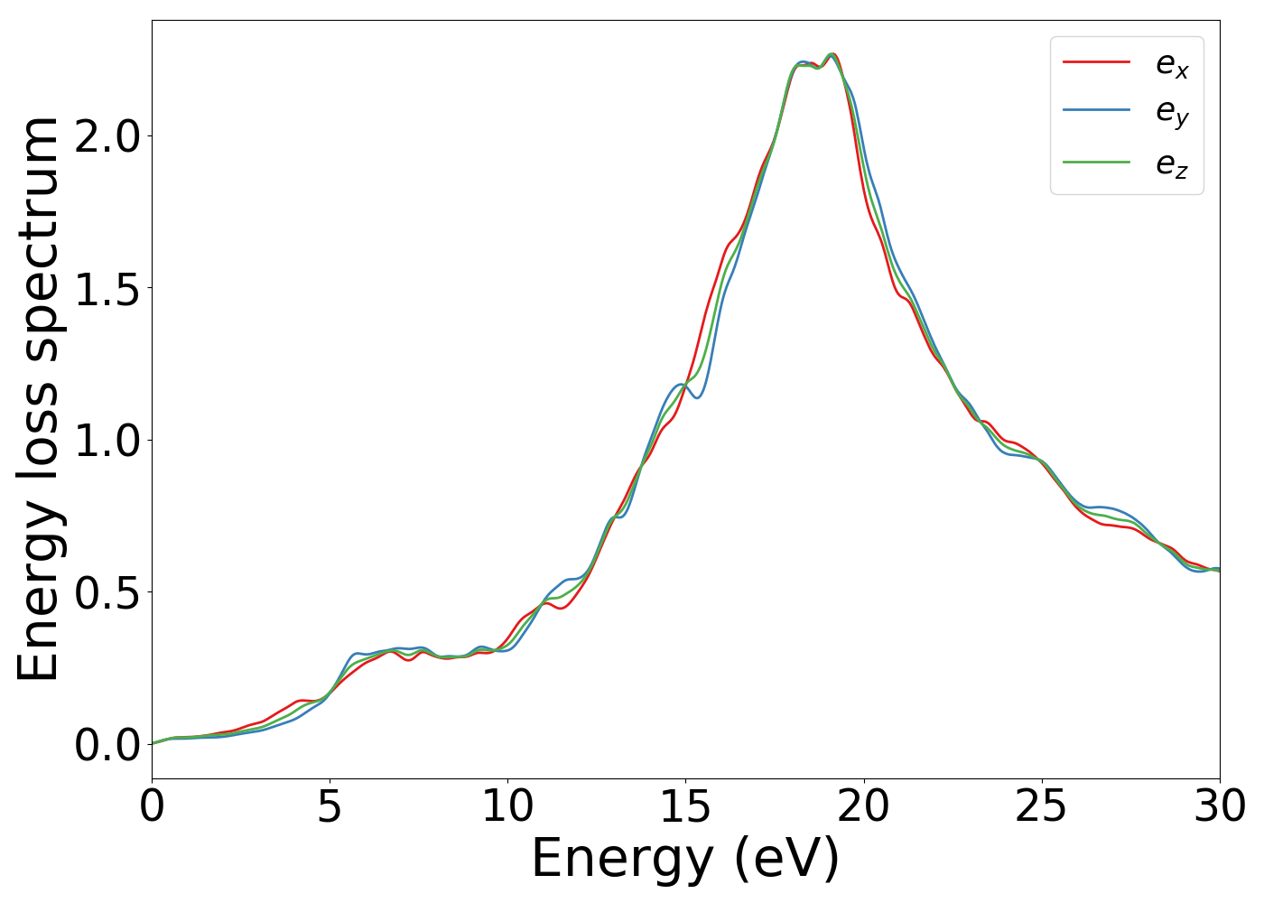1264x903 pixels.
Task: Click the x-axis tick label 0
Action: tap(152, 806)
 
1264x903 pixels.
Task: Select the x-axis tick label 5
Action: tap(330, 806)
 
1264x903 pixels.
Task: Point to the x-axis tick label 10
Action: tap(507, 806)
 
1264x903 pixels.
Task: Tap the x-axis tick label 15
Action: tap(685, 806)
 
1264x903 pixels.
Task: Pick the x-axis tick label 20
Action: tap(864, 806)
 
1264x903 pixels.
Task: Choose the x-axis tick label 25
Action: tap(1042, 806)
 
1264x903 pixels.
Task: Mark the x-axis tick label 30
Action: tap(1220, 806)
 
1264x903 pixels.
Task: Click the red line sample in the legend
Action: tap(1096, 62)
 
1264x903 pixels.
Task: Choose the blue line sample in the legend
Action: tap(1096, 110)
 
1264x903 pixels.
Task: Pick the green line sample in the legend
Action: tap(1096, 163)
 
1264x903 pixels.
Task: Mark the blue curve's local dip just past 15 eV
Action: tap(697, 397)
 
